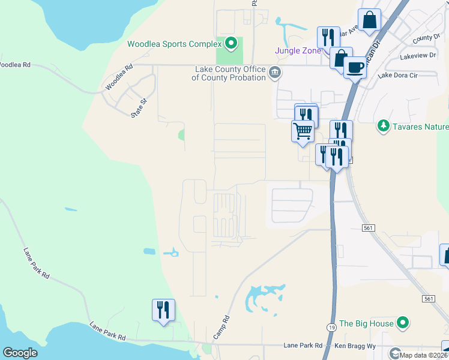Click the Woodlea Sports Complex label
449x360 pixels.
coord(173,44)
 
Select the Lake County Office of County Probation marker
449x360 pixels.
coord(275,73)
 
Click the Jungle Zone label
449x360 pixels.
coord(298,50)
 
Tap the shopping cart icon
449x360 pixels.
coord(303,130)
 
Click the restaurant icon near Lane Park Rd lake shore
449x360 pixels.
coord(163,310)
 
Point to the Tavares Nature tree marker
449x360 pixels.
coord(382,126)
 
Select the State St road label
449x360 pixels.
coord(140,109)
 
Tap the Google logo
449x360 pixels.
coord(20,353)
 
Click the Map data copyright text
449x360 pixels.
coord(424,355)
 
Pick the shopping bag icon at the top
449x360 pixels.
coord(370,19)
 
